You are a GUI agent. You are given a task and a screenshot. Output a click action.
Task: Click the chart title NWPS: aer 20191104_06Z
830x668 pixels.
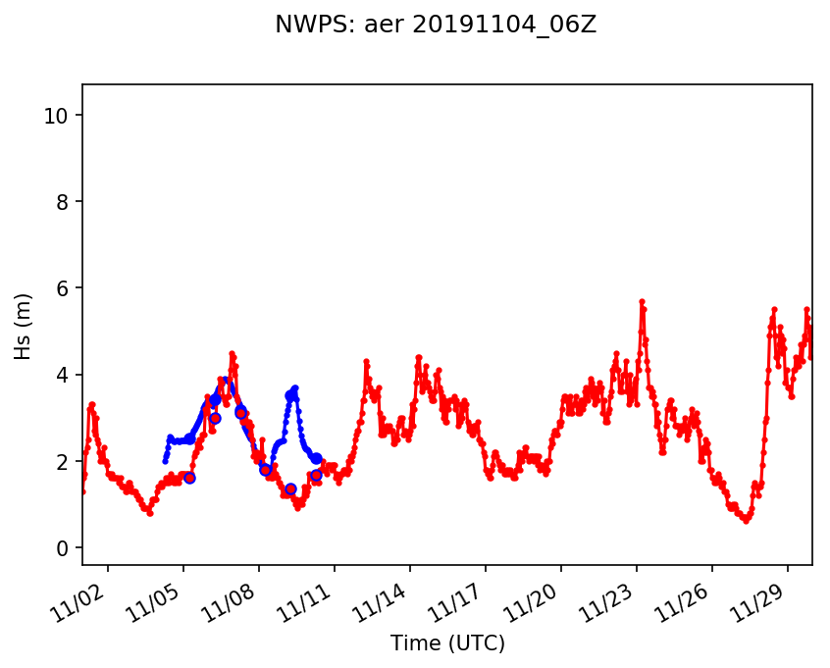point(436,26)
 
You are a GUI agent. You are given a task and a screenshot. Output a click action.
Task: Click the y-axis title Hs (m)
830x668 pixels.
point(23,326)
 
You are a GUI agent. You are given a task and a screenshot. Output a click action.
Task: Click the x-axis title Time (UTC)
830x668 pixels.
point(447,643)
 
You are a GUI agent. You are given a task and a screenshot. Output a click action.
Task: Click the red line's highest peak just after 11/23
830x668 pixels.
point(642,301)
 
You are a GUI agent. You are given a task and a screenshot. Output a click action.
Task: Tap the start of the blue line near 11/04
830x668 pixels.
point(165,461)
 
